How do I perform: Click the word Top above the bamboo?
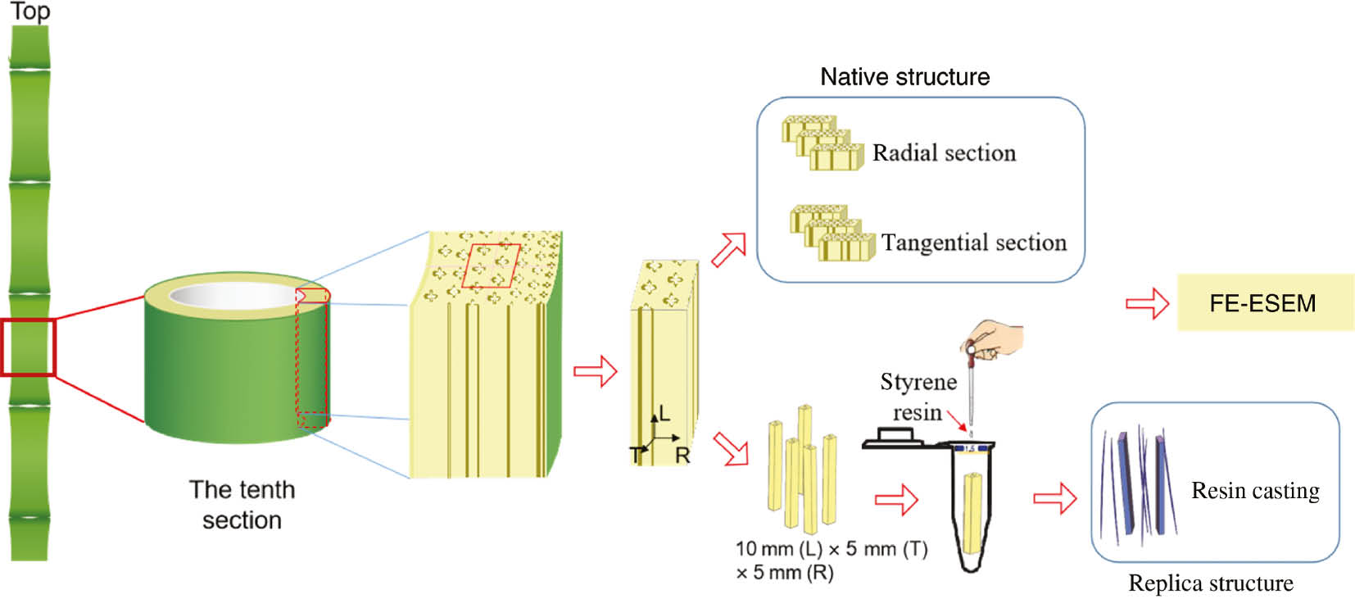tap(30, 11)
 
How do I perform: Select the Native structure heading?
tap(904, 77)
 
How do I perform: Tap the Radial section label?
tap(944, 153)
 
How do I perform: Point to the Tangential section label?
tap(973, 243)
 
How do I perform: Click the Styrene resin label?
tap(918, 397)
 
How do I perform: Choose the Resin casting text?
tap(1255, 490)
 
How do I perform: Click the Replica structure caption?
tap(1210, 583)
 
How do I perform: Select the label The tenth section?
tap(242, 504)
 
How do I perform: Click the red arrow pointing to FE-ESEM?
tap(1147, 303)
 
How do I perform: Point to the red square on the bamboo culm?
tap(28, 347)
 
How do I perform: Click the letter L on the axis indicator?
tap(664, 413)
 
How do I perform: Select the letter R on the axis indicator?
tap(682, 456)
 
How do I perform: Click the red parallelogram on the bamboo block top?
tap(491, 265)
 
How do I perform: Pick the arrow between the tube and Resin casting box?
tap(1054, 497)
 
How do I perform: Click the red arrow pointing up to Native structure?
tap(728, 249)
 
